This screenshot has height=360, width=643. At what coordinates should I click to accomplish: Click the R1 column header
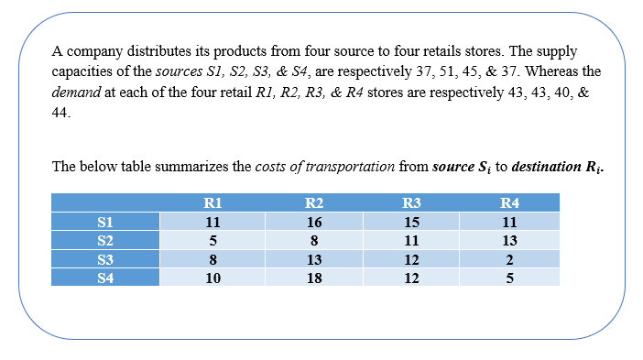pyautogui.click(x=213, y=202)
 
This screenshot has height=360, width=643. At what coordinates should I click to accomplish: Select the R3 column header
pyautogui.click(x=411, y=202)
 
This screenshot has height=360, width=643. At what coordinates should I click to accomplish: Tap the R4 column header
pyautogui.click(x=510, y=202)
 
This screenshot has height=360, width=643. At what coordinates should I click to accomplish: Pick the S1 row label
pyautogui.click(x=105, y=222)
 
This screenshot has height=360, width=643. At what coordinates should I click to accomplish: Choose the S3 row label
pyautogui.click(x=105, y=260)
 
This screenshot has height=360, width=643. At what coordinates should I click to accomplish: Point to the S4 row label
pyautogui.click(x=105, y=278)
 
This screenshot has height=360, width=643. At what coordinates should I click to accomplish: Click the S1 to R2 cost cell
pyautogui.click(x=313, y=222)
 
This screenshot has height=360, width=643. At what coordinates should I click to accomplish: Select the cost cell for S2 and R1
pyautogui.click(x=213, y=241)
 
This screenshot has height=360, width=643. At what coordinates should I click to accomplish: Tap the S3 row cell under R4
pyautogui.click(x=510, y=260)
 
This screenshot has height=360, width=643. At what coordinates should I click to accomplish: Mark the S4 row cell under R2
pyautogui.click(x=313, y=278)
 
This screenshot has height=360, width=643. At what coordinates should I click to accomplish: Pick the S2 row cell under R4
pyautogui.click(x=510, y=241)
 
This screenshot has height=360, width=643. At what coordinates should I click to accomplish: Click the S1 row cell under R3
pyautogui.click(x=411, y=222)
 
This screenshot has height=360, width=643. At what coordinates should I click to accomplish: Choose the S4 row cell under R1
pyautogui.click(x=213, y=278)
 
